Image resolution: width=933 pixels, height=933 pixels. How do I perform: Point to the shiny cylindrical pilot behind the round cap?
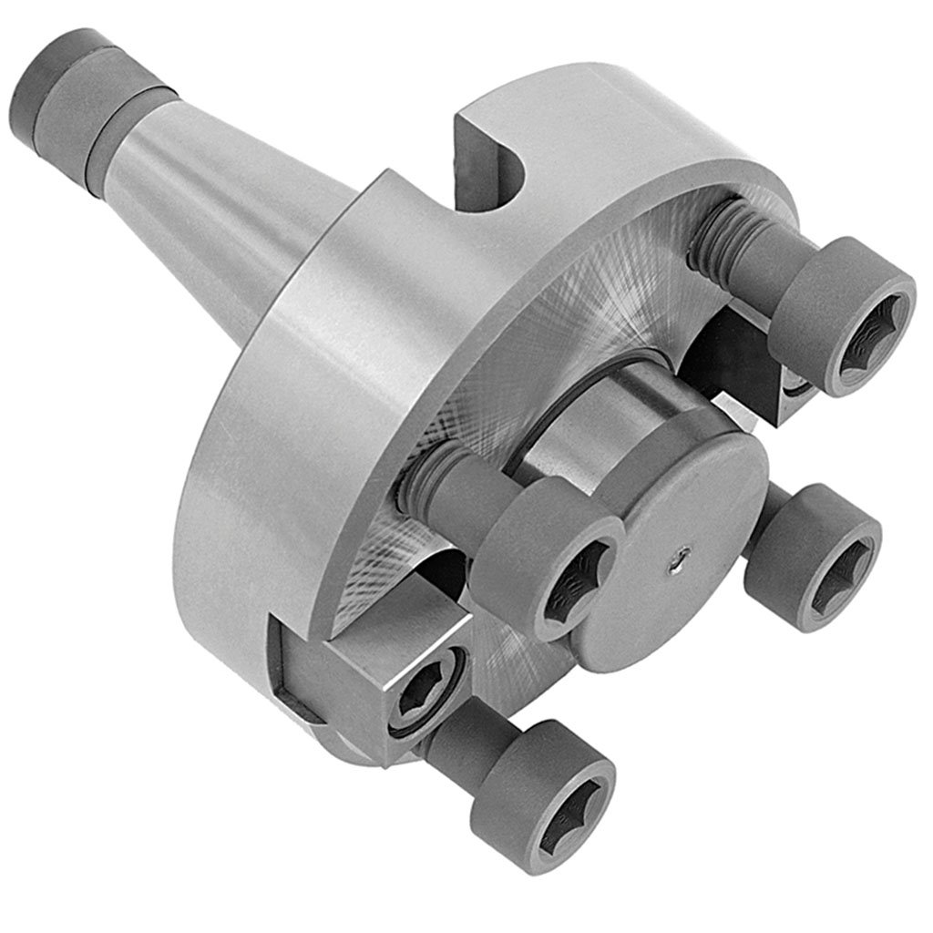(x=592, y=419)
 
